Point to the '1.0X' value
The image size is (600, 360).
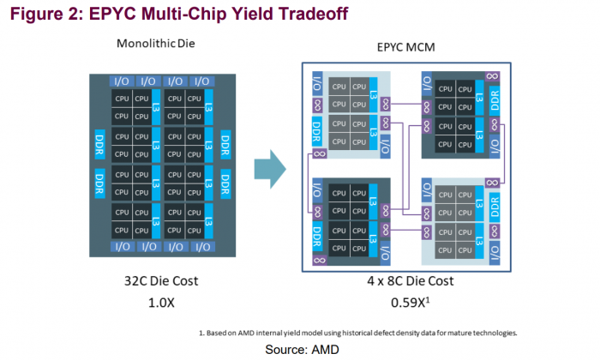coord(160,301)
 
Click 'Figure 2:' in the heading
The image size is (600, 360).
coord(40,14)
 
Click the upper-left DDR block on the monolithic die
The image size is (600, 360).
coord(99,139)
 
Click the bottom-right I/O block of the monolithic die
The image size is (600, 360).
coord(202,246)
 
